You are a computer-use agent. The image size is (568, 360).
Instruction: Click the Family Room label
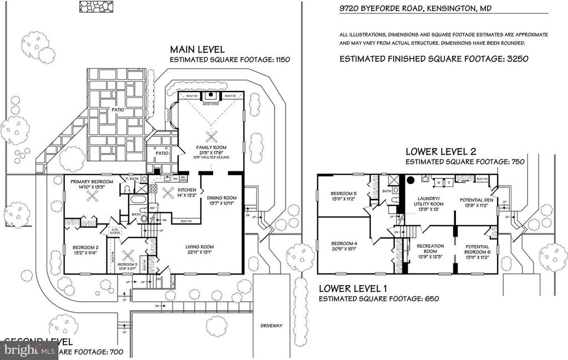211,147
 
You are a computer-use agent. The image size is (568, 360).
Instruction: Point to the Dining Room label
222,197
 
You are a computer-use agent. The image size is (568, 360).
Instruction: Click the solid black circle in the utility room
411,180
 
